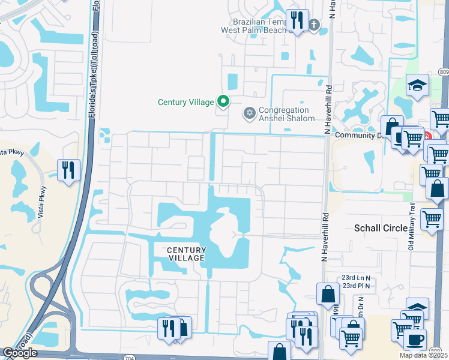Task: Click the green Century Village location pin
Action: pyautogui.click(x=223, y=101)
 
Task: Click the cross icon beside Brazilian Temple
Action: pyautogui.click(x=313, y=25)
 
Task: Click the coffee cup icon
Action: pyautogui.click(x=415, y=340)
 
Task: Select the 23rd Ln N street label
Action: pyautogui.click(x=355, y=278)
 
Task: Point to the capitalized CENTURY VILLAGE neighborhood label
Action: pyautogui.click(x=186, y=254)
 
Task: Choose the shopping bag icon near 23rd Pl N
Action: pyautogui.click(x=328, y=293)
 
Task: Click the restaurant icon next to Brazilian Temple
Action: pyautogui.click(x=296, y=21)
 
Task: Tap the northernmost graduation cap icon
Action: pyautogui.click(x=417, y=85)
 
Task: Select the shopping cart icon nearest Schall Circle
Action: pyautogui.click(x=432, y=220)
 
